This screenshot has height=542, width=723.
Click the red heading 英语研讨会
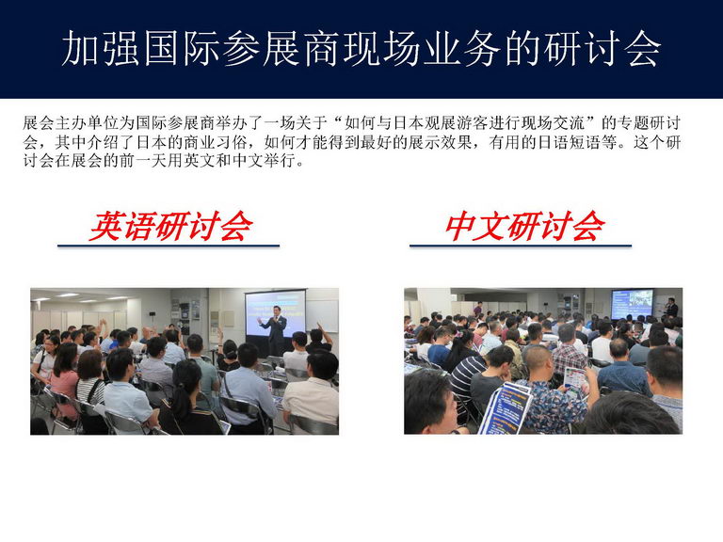[170, 226]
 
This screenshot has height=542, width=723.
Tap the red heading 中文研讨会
[524, 226]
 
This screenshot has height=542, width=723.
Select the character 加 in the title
[81, 48]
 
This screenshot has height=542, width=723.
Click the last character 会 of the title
[642, 48]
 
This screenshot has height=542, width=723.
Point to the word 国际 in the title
[182, 48]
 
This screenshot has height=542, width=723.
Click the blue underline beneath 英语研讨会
[169, 246]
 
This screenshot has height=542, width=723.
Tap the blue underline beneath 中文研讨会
[521, 246]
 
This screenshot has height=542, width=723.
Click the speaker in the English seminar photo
[274, 330]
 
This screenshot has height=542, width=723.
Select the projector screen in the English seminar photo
[275, 313]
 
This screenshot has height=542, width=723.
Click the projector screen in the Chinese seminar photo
[632, 304]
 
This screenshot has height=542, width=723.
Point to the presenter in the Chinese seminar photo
[672, 308]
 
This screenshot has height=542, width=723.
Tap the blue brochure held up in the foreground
[506, 408]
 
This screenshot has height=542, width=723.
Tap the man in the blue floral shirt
[554, 391]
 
